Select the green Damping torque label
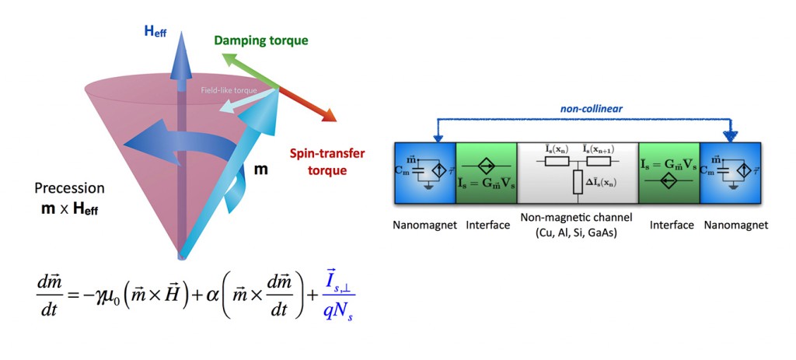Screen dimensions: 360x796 tap(261, 40)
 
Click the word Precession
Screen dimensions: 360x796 tap(69, 188)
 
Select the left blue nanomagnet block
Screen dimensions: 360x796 tap(424, 173)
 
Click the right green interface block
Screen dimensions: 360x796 tap(668, 173)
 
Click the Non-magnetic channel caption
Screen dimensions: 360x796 tap(577, 225)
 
